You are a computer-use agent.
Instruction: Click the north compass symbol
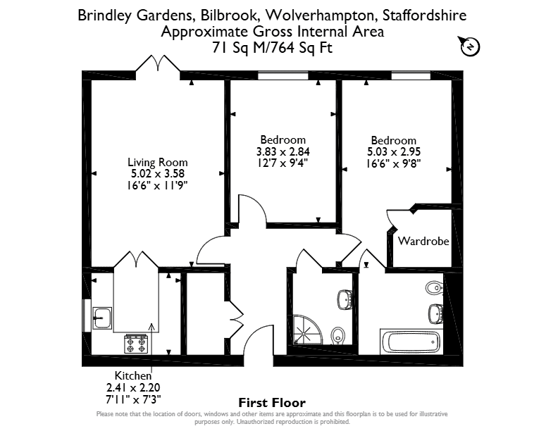click(x=471, y=46)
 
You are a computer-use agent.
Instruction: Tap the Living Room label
click(x=158, y=162)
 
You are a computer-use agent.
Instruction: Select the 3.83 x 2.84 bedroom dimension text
click(x=283, y=152)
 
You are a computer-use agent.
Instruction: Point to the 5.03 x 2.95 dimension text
click(x=394, y=152)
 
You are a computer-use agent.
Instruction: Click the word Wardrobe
click(x=423, y=241)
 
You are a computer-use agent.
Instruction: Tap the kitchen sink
click(x=102, y=318)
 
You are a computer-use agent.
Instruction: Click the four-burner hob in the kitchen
click(x=135, y=344)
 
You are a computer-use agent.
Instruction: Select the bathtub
click(x=411, y=342)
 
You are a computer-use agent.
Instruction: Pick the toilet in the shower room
click(x=337, y=336)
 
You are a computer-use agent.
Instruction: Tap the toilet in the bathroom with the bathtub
click(x=433, y=287)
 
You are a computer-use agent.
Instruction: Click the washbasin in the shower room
click(x=345, y=299)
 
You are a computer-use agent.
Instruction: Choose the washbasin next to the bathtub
click(x=435, y=313)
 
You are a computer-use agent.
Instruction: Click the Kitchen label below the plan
click(x=133, y=375)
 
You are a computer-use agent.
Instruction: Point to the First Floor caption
click(x=272, y=403)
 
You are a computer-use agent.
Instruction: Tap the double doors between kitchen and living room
click(x=136, y=260)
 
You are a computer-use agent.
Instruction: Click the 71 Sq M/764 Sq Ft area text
click(x=272, y=47)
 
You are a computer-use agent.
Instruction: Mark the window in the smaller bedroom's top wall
click(x=283, y=75)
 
